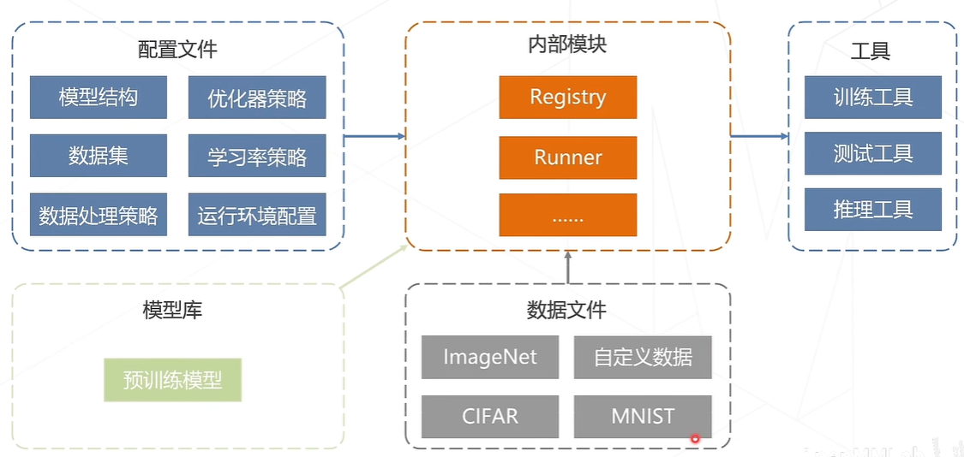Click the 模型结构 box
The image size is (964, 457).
(98, 97)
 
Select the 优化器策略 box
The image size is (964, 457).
(257, 98)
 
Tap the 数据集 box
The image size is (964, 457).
(98, 156)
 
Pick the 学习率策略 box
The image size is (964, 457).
(257, 157)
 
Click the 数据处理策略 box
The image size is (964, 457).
(98, 214)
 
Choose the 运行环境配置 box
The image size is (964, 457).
(257, 214)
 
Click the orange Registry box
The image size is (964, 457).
(567, 97)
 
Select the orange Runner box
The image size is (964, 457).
(567, 157)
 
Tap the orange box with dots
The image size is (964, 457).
(567, 215)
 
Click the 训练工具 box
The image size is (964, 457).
(872, 97)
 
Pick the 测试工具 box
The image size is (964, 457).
(872, 153)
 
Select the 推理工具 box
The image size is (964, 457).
(872, 210)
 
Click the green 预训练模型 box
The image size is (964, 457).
(172, 380)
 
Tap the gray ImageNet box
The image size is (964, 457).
(490, 357)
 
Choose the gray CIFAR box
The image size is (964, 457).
(490, 417)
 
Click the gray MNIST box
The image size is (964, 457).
(643, 417)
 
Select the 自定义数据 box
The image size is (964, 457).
(643, 357)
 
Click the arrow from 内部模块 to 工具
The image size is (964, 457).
(759, 136)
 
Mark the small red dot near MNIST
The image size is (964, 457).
(695, 439)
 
